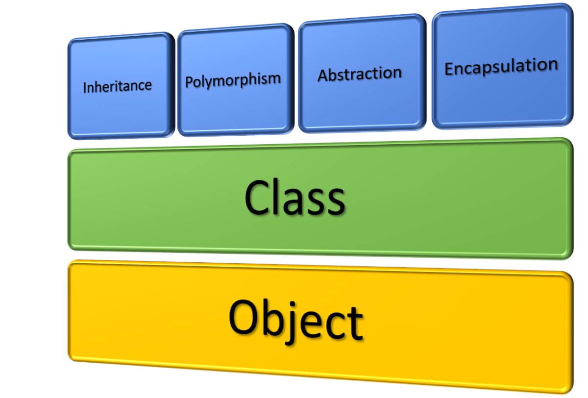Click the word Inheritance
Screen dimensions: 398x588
117,86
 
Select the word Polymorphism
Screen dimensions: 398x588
233,79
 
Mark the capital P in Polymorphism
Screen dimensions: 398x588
189,81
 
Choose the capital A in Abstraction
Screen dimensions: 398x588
322,76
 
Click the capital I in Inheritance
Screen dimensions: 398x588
85,88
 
